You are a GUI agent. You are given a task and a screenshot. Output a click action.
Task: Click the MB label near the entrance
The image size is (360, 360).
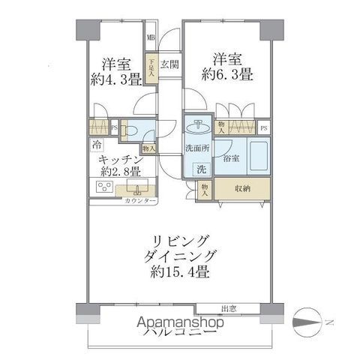151,37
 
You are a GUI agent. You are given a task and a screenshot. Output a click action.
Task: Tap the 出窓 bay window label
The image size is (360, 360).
229,307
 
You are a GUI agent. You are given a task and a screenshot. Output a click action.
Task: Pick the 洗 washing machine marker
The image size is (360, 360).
201,169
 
